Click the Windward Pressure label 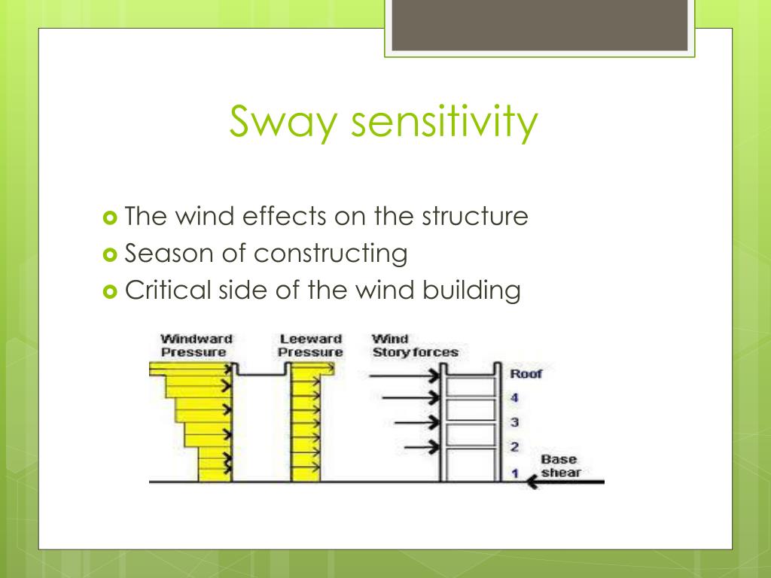(195, 345)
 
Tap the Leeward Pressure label (310, 345)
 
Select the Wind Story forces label (414, 345)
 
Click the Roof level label (526, 373)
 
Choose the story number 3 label (515, 423)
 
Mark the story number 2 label (515, 447)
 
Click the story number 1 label (515, 473)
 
